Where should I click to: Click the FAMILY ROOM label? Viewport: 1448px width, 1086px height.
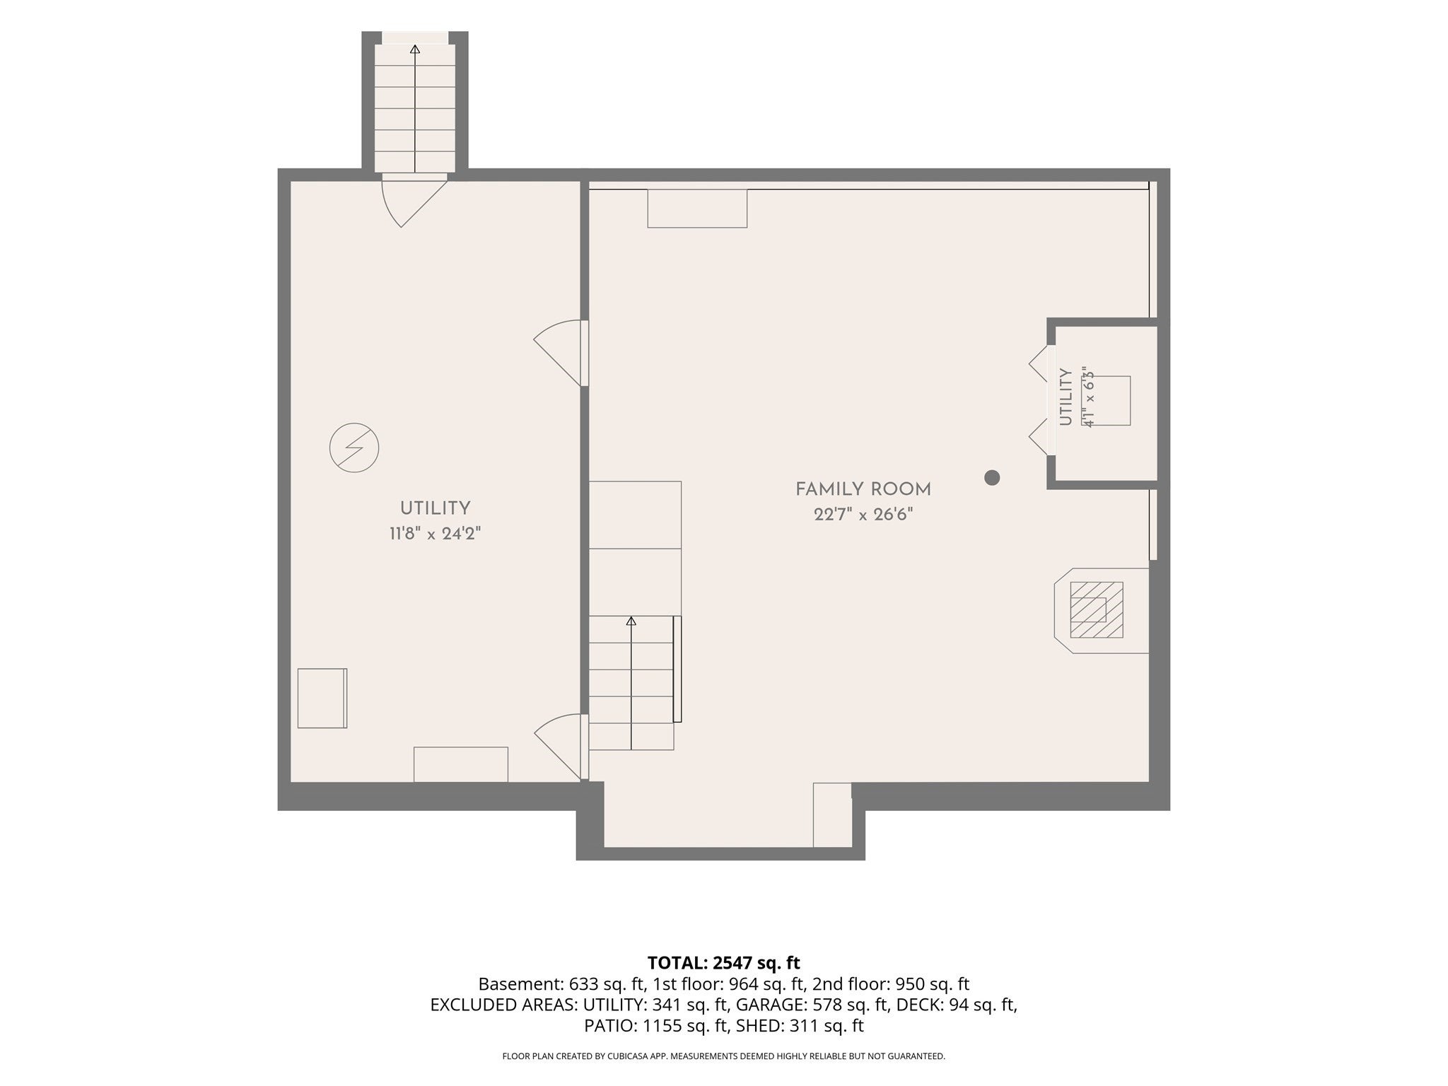coord(863,489)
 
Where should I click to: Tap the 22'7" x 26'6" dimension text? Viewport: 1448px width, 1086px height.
coord(863,515)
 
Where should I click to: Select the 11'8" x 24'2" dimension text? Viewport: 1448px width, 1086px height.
coord(435,534)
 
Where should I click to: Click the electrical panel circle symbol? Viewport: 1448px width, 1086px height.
coord(354,448)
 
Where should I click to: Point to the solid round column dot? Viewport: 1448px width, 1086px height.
coord(992,478)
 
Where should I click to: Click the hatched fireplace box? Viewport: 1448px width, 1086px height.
coord(1097,609)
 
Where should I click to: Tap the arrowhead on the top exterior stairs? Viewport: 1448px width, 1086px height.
coord(415,49)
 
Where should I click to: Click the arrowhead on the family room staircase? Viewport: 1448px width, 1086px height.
coord(631,621)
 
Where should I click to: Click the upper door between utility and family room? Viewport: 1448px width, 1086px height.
coord(559,354)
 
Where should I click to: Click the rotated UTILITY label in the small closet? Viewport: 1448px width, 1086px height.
coord(1066,397)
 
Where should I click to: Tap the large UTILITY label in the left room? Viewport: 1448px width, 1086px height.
coord(435,508)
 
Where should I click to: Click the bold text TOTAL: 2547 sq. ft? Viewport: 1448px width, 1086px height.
coord(723,963)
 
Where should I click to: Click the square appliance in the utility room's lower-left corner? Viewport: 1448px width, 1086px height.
coord(322,698)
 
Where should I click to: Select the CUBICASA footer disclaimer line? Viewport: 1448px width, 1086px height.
coord(723,1056)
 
